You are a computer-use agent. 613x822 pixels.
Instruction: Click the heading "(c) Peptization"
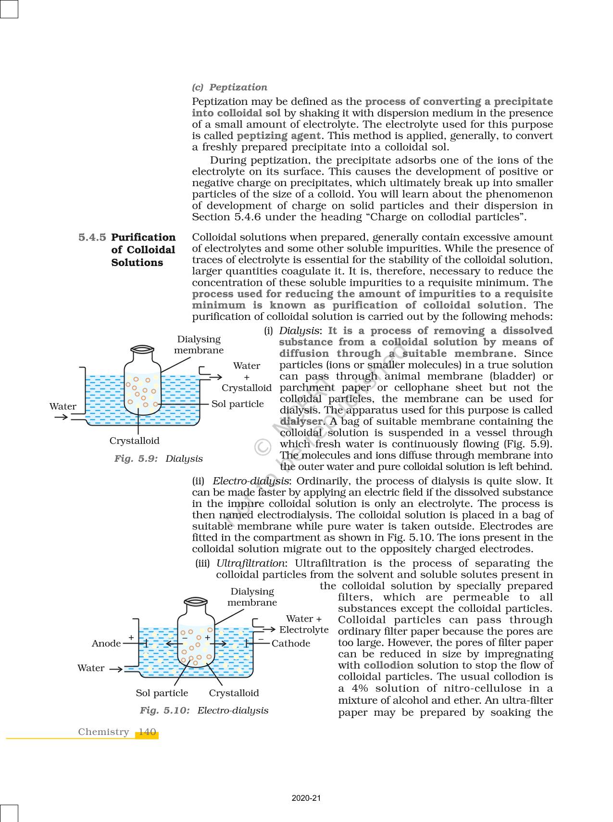pyautogui.click(x=229, y=87)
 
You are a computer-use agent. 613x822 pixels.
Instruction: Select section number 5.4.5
pyautogui.click(x=92, y=238)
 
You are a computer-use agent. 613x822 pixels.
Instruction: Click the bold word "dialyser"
pyautogui.click(x=300, y=421)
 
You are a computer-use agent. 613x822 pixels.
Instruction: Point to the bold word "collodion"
pyautogui.click(x=388, y=665)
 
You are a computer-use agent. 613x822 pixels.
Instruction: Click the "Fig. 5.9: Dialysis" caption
pyautogui.click(x=158, y=458)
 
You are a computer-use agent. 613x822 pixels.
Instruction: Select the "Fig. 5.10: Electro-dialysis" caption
pyautogui.click(x=204, y=710)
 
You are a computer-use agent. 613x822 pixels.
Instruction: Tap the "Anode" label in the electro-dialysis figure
pyautogui.click(x=106, y=644)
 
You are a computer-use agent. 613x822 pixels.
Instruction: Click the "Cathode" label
pyautogui.click(x=290, y=644)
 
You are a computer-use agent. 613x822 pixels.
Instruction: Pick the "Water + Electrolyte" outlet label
pyautogui.click(x=303, y=624)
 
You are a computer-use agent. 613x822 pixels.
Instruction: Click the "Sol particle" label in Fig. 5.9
pyautogui.click(x=238, y=404)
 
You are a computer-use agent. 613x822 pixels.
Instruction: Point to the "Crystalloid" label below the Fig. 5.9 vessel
pyautogui.click(x=134, y=441)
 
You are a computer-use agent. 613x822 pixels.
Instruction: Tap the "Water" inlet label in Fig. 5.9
pyautogui.click(x=63, y=406)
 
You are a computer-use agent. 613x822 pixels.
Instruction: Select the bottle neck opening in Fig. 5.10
pyautogui.click(x=196, y=601)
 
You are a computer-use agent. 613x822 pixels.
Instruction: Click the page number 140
pyautogui.click(x=147, y=732)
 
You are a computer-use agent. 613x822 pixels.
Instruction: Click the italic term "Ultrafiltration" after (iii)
pyautogui.click(x=250, y=563)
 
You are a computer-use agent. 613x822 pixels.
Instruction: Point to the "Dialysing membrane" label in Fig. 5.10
pyautogui.click(x=252, y=597)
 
